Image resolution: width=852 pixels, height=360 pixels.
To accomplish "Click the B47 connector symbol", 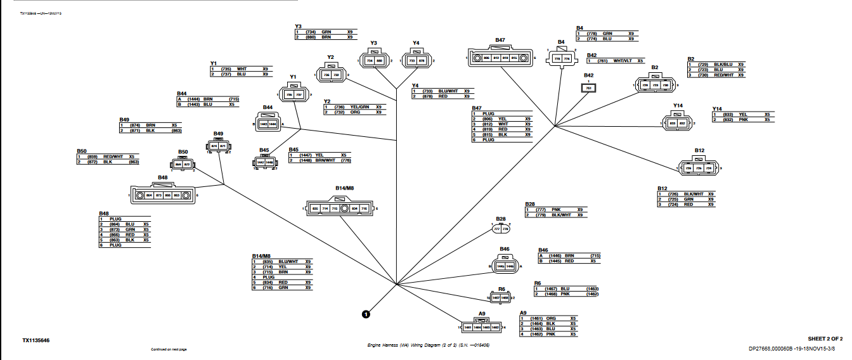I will (501, 57).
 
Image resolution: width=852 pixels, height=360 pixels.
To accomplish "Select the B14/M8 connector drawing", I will (340, 208).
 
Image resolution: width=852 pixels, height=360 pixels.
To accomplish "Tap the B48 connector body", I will (163, 195).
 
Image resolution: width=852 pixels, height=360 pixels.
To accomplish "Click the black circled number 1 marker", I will (366, 313).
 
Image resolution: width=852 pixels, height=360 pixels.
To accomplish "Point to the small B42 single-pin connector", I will (589, 88).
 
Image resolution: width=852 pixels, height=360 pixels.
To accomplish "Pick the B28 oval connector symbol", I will (501, 229).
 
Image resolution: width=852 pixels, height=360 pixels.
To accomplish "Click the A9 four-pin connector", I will (482, 327).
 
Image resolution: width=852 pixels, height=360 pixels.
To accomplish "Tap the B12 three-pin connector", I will (699, 168).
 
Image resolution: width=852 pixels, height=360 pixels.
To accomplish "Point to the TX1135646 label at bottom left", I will (35, 340).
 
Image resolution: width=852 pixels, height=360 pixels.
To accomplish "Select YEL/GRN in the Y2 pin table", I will (359, 107).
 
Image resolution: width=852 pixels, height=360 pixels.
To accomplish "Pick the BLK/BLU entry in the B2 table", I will (723, 65).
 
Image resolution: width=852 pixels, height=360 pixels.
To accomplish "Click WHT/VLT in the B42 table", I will (624, 61).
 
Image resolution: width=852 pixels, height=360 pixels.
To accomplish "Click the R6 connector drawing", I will (501, 297).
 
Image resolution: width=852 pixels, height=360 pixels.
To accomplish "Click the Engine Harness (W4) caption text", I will (429, 345).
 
